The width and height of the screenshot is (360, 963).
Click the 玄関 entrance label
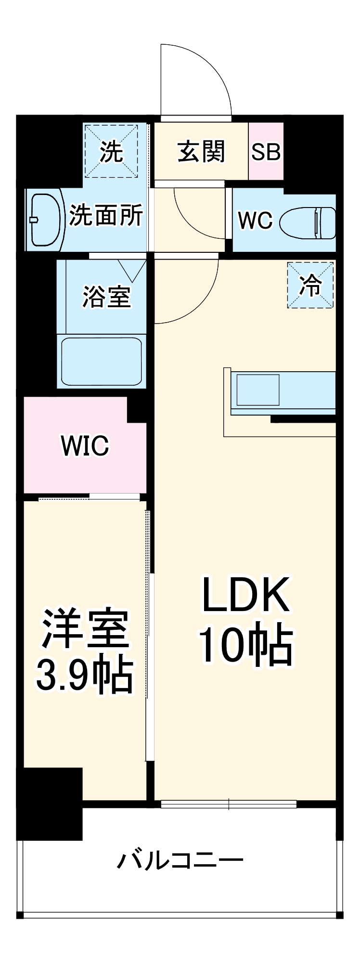pyautogui.click(x=201, y=152)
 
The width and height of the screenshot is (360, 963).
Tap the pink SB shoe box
pyautogui.click(x=266, y=152)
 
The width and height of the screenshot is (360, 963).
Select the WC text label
pyautogui.click(x=256, y=221)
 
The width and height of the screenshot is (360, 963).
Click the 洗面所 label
pyautogui.click(x=106, y=215)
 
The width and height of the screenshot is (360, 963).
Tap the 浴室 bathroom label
pyautogui.click(x=106, y=296)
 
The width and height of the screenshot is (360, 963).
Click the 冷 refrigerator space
pyautogui.click(x=310, y=285)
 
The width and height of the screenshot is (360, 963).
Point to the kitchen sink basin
pyautogui.click(x=257, y=389)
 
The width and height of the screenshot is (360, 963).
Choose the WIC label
pyautogui.click(x=85, y=446)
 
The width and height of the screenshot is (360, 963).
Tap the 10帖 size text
pyautogui.click(x=245, y=646)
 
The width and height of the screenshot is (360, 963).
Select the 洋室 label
pyautogui.click(x=85, y=628)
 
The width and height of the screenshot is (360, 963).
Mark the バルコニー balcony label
pyautogui.click(x=180, y=859)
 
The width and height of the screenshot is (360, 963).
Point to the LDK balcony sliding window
pyautogui.click(x=229, y=804)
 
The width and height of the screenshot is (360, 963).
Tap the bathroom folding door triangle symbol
pyautogui.click(x=132, y=270)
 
